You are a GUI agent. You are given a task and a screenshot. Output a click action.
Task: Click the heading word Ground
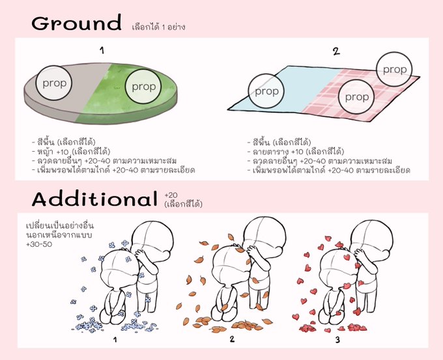tap(76, 23)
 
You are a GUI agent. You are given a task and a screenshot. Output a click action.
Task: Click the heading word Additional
tap(94, 199)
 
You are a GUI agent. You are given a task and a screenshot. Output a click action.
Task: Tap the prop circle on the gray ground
tap(54, 83)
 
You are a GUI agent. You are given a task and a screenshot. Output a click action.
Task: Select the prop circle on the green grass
tap(143, 87)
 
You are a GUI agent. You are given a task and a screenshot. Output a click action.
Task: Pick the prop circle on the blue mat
tap(266, 91)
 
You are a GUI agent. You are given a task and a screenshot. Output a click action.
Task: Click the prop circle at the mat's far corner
tap(394, 70)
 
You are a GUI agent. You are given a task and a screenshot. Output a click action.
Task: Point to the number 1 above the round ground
tap(102, 51)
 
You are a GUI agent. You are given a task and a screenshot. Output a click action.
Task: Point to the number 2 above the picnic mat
tap(336, 51)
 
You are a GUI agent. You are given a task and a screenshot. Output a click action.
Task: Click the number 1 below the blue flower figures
tap(115, 340)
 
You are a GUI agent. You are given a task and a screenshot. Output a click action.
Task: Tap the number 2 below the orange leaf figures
tap(232, 339)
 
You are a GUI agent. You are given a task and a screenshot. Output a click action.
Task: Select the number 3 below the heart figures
tap(337, 340)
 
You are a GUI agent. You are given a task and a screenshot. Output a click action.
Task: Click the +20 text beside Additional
tap(171, 195)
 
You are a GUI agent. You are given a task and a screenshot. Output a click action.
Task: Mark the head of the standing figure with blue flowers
tap(152, 238)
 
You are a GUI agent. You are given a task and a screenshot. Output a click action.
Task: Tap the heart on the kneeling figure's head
tap(347, 257)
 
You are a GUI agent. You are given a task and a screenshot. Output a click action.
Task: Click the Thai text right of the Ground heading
tap(158, 27)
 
